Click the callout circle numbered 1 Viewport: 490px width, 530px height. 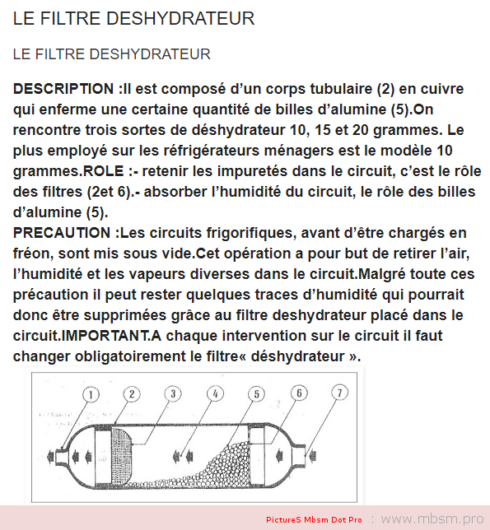pos(91,394)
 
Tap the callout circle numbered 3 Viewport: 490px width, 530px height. pos(173,393)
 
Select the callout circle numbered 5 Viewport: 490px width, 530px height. pos(257,394)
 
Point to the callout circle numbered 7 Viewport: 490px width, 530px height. pos(339,393)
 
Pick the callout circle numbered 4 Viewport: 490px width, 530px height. pos(215,393)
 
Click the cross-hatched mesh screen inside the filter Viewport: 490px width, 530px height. pos(121,456)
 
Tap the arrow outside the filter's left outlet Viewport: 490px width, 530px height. pos(51,457)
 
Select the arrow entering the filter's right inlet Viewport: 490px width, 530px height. pos(312,456)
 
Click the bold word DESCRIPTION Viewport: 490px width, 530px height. pos(63,89)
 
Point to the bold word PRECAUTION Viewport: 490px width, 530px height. pos(62,233)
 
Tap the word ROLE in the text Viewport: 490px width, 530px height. pos(104,171)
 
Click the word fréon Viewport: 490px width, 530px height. pos(33,253)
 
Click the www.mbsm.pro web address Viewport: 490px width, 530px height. pos(432,518)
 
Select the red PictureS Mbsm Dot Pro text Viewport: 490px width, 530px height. pos(314,520)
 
